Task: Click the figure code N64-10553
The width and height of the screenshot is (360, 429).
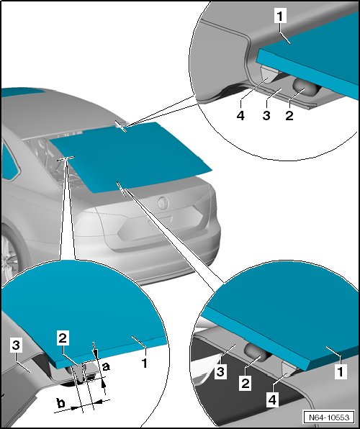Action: [329, 417]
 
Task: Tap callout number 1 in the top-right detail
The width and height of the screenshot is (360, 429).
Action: [280, 16]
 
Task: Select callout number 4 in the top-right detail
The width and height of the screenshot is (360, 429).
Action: [240, 115]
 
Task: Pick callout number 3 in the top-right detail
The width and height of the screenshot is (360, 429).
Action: [266, 115]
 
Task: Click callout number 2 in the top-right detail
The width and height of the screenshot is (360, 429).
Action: [289, 115]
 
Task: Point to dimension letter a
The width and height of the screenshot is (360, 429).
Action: [106, 366]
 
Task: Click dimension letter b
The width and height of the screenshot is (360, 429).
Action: [60, 403]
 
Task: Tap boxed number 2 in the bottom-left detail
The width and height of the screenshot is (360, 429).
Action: [63, 338]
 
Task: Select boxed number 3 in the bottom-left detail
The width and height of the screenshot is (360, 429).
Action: [16, 345]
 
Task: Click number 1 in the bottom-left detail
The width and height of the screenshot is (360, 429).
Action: [144, 363]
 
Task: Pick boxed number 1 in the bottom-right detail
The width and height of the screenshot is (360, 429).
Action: [341, 371]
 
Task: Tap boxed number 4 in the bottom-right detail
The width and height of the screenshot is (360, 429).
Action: [272, 399]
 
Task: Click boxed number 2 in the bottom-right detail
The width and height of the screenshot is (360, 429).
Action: [245, 383]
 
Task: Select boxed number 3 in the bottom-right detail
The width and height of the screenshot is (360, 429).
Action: [220, 372]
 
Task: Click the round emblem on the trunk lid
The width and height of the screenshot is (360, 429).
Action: [163, 203]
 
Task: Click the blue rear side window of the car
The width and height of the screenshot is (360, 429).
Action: [10, 163]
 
